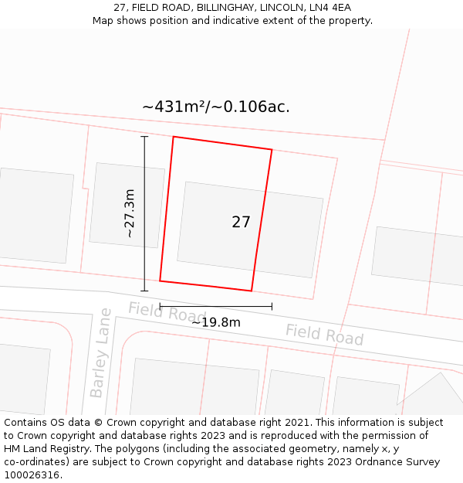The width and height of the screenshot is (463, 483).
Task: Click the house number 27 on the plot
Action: pos(241,222)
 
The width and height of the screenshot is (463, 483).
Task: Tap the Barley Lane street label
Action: pos(100,353)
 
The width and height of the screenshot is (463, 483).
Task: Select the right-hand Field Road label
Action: pos(324,335)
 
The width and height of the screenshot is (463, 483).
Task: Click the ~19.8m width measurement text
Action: pos(216,322)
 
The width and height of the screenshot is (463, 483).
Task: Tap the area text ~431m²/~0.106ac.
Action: pos(216,107)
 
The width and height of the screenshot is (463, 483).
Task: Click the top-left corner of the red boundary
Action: pos(173,137)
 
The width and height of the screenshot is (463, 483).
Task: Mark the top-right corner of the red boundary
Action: pos(272,149)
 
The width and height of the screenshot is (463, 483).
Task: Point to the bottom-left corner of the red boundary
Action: pos(160,281)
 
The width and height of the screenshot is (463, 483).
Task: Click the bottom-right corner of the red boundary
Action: pos(252,291)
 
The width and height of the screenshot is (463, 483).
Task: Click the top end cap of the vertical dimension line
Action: pos(144,137)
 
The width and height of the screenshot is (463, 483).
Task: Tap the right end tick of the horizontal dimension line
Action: pos(272,307)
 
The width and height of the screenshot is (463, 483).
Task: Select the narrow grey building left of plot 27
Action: pos(127,206)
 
